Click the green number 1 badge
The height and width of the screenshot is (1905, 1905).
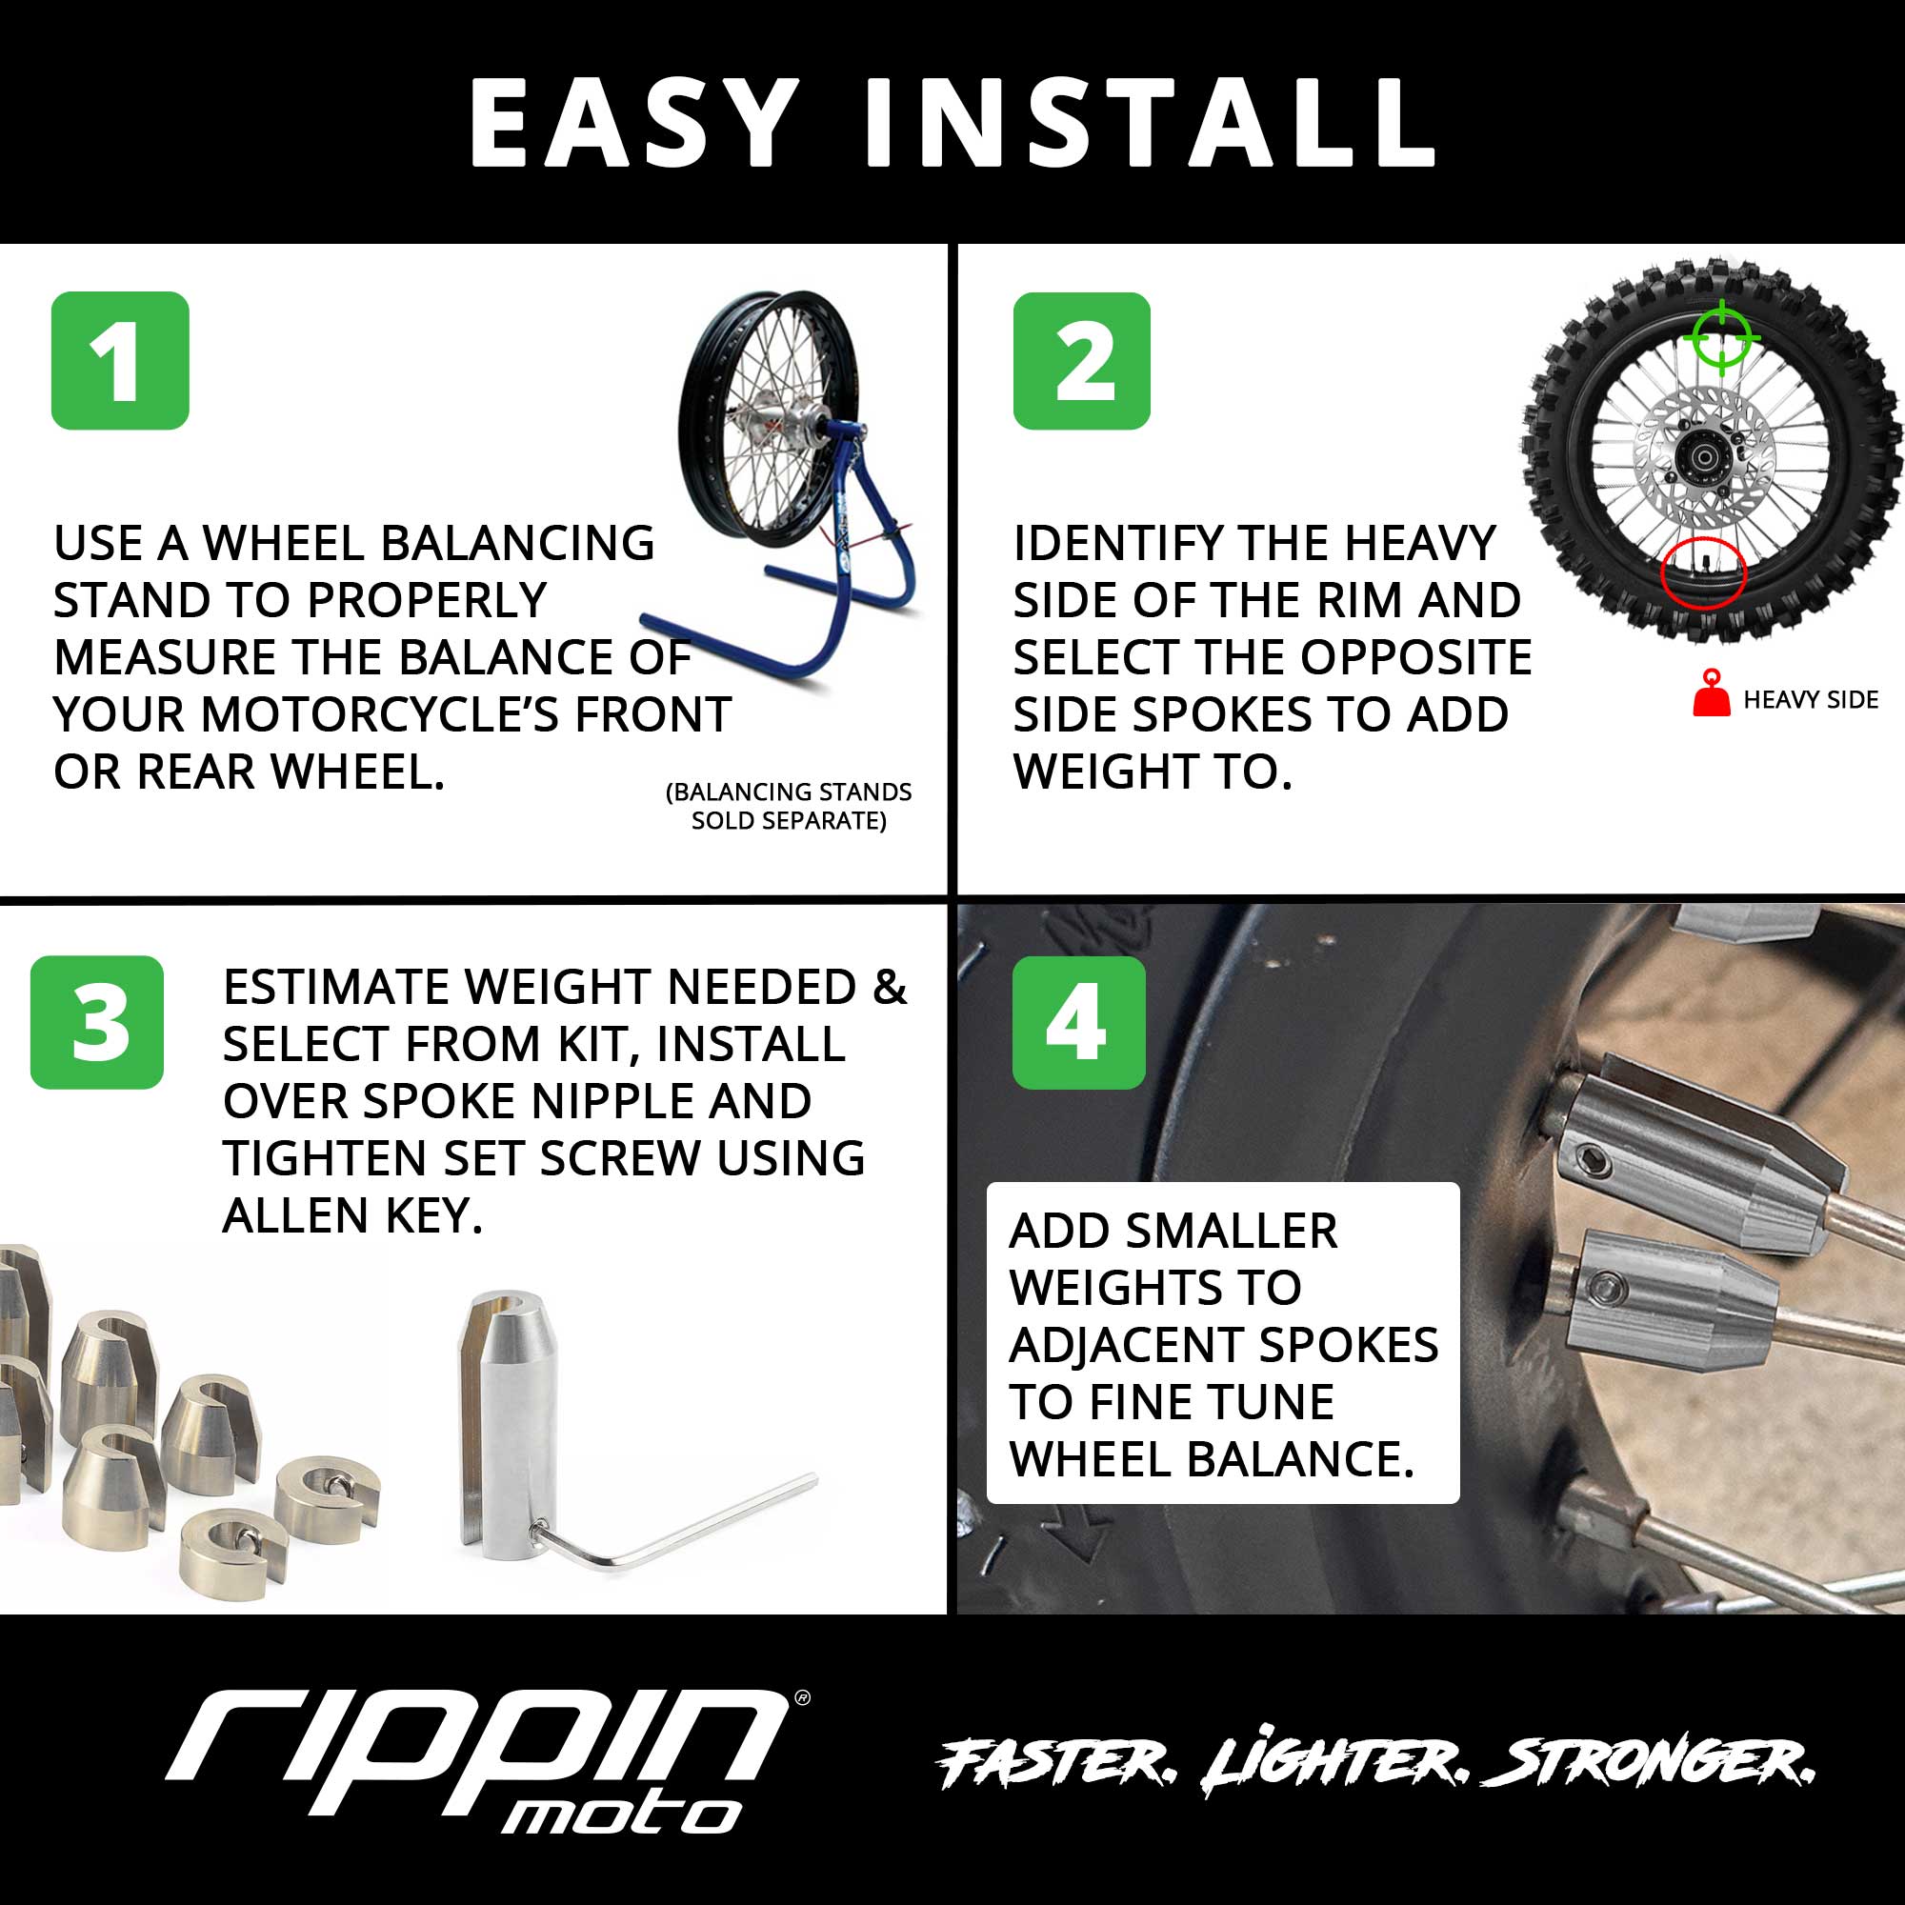click(120, 360)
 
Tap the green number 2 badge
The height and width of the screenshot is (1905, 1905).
click(1082, 360)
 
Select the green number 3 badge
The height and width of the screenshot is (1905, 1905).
click(96, 1022)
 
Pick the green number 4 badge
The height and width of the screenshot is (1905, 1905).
click(1079, 1022)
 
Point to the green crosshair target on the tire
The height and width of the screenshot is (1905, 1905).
click(1721, 338)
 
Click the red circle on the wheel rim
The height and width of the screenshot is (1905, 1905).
click(1704, 572)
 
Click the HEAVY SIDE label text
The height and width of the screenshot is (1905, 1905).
click(1811, 700)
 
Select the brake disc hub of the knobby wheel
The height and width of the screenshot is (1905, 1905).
click(1704, 458)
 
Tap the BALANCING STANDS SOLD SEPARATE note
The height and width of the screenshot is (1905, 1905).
click(789, 806)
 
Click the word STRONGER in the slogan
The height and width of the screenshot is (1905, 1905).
click(1647, 1763)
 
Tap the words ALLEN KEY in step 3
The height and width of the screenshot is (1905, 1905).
click(352, 1214)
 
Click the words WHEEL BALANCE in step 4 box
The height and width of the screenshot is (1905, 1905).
click(1212, 1459)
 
